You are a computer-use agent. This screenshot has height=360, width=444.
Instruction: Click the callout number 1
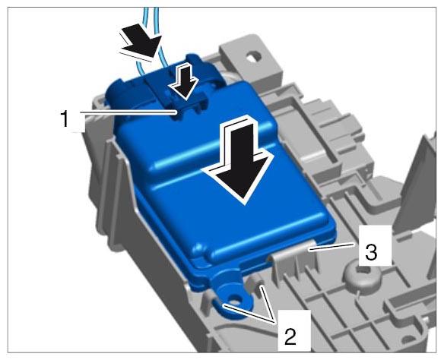65,118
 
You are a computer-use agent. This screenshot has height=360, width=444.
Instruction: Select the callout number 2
290,336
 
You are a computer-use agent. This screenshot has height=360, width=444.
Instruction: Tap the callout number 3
371,252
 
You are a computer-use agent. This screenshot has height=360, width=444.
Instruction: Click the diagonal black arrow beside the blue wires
141,42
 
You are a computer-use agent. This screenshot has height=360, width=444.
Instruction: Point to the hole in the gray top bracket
252,56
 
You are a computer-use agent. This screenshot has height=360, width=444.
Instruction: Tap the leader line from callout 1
128,112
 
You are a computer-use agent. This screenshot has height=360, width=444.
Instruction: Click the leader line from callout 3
331,246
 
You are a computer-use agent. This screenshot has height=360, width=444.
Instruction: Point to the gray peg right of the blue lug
256,286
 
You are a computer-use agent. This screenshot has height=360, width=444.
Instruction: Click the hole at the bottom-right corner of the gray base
407,340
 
